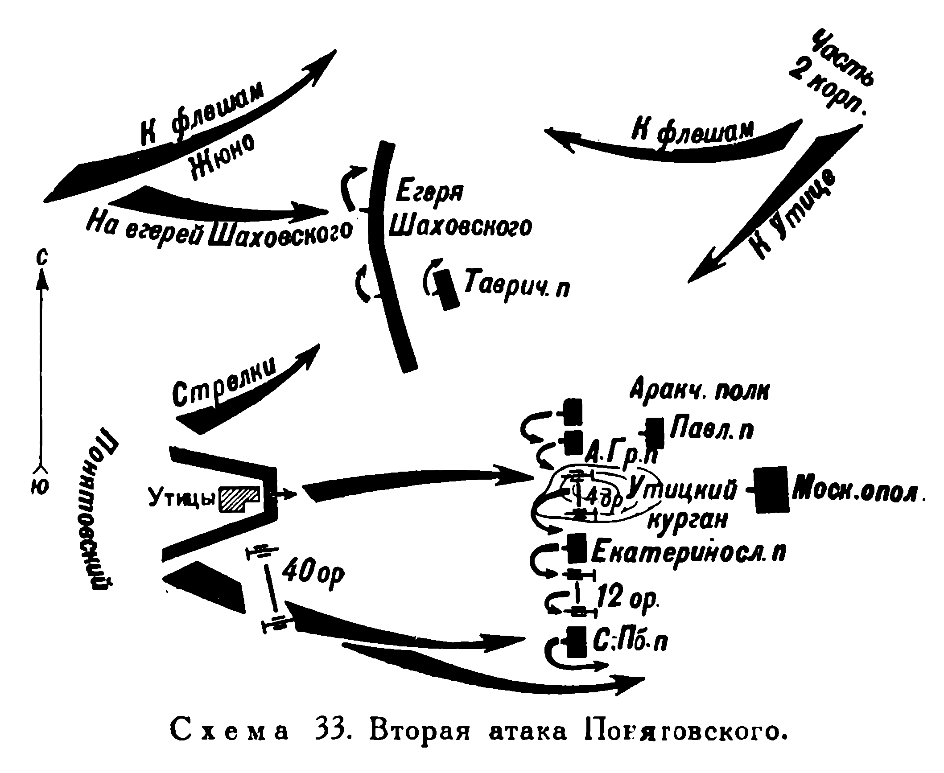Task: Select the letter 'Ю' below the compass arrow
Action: point(41,488)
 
